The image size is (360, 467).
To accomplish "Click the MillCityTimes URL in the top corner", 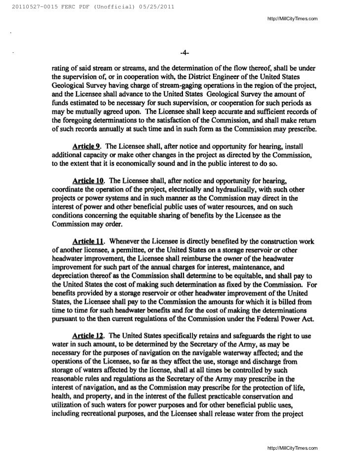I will pos(292,19).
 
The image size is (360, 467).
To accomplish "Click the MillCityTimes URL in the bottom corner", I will pos(292,448).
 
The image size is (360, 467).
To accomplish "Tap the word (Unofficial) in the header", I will pos(106,5).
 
